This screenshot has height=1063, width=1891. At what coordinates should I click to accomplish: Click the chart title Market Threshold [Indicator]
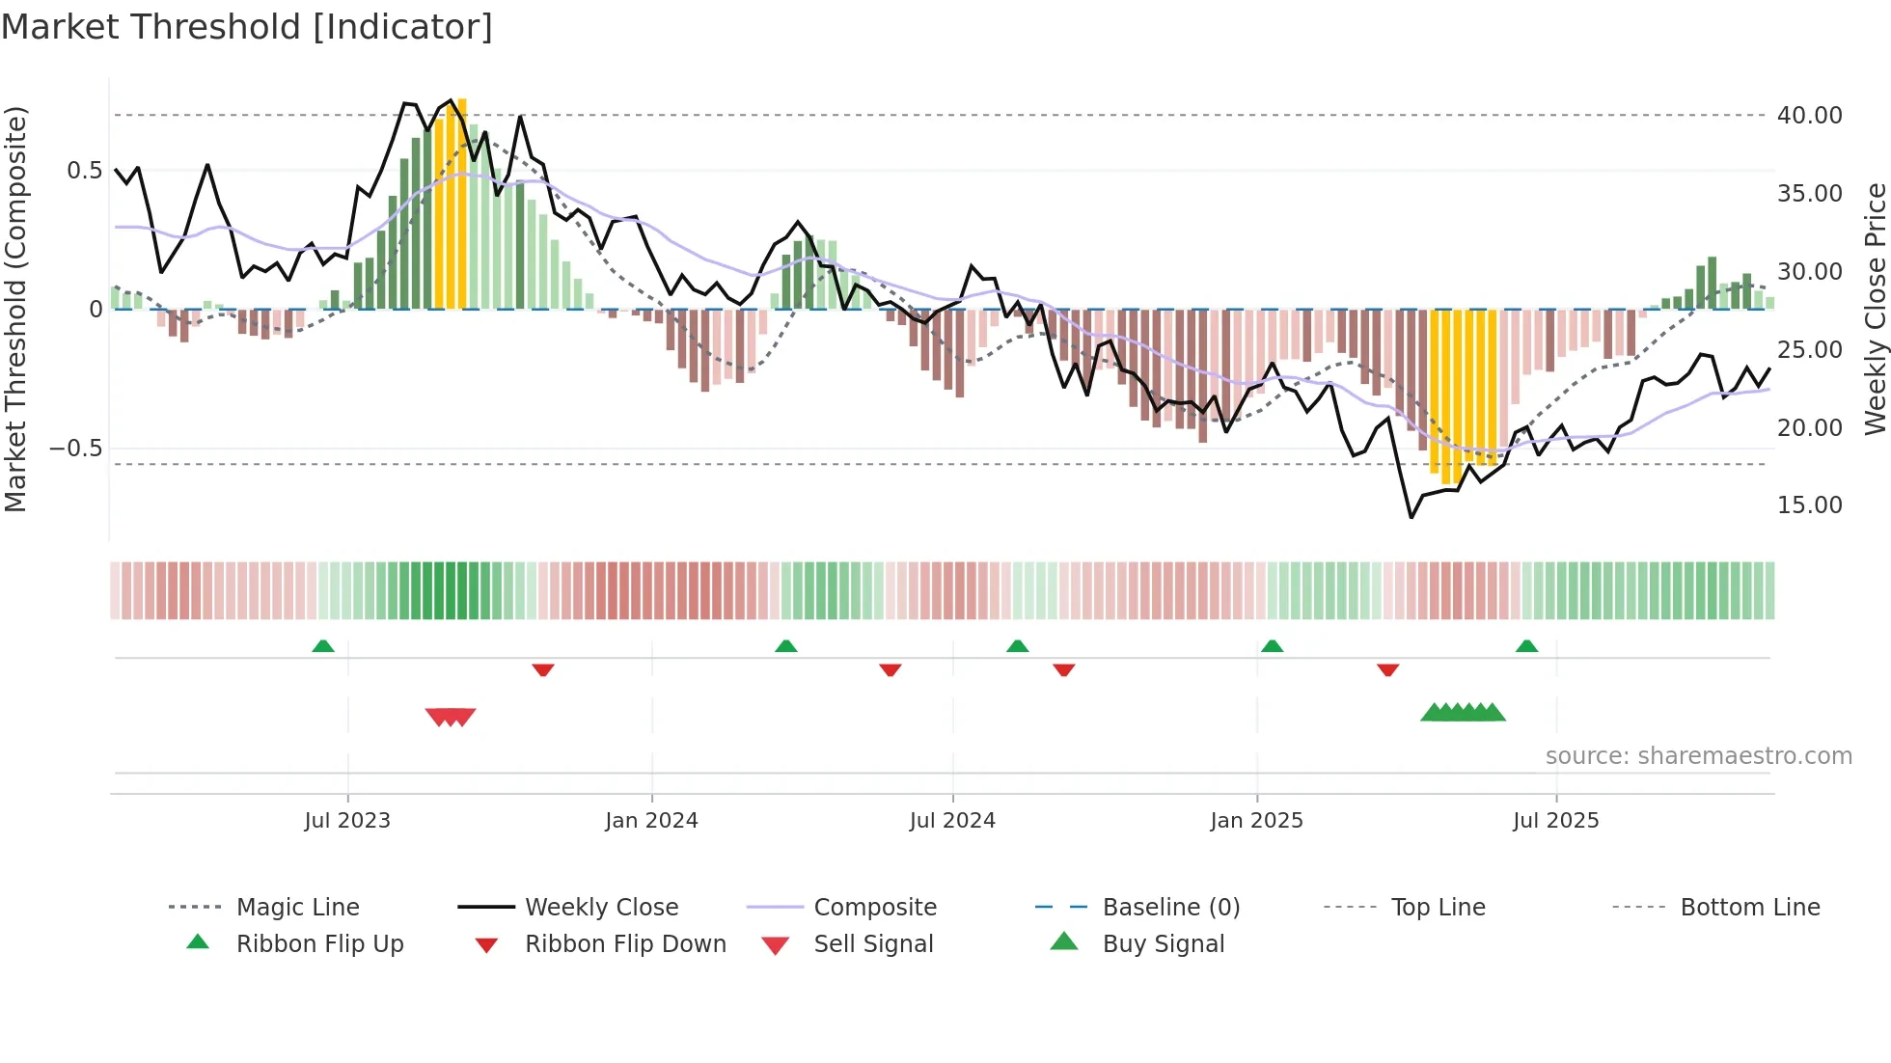tap(247, 27)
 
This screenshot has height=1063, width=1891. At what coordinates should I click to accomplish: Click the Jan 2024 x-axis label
tap(651, 821)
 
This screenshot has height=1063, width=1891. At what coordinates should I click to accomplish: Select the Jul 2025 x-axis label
tap(1555, 821)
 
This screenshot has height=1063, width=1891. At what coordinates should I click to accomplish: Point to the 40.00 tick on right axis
tap(1809, 116)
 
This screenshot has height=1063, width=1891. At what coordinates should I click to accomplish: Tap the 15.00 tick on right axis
tap(1809, 505)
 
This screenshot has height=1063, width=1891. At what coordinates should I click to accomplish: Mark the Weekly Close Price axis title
tap(1874, 309)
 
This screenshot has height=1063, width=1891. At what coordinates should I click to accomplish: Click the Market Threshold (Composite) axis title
tap(15, 309)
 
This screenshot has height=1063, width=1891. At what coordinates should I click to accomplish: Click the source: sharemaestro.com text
tap(1698, 756)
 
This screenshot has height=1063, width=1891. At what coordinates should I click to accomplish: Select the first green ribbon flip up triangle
tap(323, 646)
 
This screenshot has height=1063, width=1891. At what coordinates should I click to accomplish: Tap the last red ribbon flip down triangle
tap(1387, 669)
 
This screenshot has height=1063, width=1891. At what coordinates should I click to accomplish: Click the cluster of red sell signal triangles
tap(451, 717)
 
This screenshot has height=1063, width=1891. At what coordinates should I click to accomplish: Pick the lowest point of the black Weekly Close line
tap(1411, 518)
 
